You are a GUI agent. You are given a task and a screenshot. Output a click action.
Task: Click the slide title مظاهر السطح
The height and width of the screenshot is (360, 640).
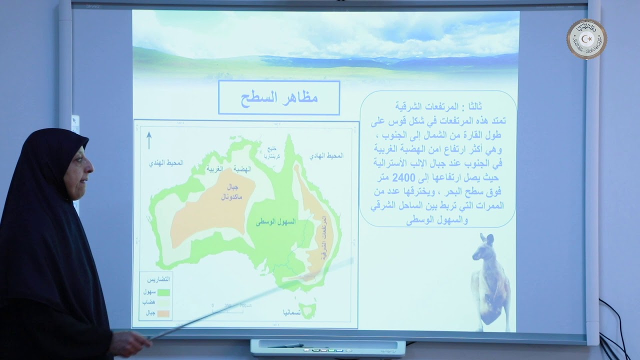pyautogui.click(x=279, y=98)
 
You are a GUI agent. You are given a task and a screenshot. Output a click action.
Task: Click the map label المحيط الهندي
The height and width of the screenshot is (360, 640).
pyautogui.click(x=166, y=163)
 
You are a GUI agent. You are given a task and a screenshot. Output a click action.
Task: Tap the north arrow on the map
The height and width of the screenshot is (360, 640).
pyautogui.click(x=149, y=140)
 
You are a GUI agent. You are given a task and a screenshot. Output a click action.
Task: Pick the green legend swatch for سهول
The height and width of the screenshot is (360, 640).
pyautogui.click(x=164, y=293)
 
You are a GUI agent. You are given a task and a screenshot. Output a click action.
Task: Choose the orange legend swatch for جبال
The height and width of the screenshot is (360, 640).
pyautogui.click(x=164, y=313)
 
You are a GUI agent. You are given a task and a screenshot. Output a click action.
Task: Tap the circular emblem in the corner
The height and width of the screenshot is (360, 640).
pyautogui.click(x=586, y=39)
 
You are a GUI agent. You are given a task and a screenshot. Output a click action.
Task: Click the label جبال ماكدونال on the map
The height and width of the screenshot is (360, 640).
pyautogui.click(x=230, y=192)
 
